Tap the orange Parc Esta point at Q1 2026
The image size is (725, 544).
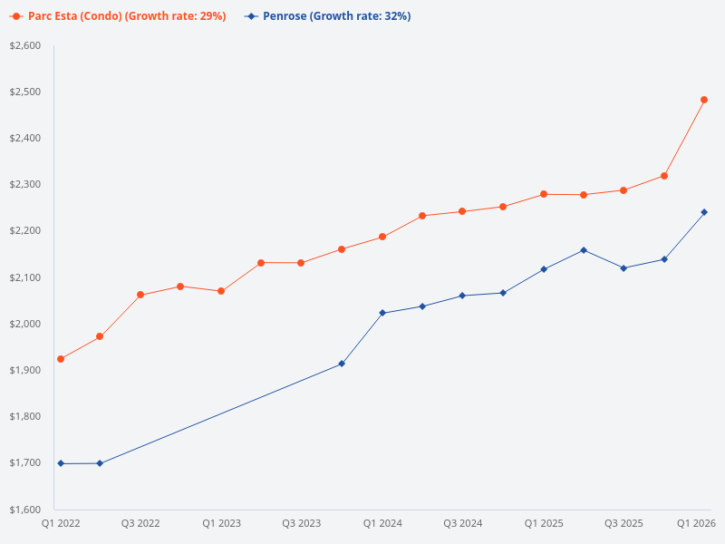[704, 100]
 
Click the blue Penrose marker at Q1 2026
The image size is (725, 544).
[704, 212]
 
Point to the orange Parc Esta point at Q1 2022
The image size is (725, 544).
[61, 359]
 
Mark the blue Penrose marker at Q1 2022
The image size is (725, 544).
[61, 463]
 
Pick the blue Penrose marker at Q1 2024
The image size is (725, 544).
[382, 313]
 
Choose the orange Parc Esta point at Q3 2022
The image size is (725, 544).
[140, 295]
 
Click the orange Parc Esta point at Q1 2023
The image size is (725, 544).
[221, 291]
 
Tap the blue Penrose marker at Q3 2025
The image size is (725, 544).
[623, 268]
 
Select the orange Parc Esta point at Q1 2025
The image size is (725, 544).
[544, 194]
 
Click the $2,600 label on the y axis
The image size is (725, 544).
[26, 45]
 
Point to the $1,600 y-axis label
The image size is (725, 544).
[26, 510]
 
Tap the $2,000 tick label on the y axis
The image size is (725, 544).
[26, 324]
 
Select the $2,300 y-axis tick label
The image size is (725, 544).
[26, 184]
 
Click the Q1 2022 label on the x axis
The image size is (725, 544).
[61, 524]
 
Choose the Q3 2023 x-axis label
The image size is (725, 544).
[302, 524]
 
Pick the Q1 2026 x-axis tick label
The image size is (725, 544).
[697, 524]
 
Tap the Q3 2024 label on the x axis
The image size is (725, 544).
[463, 524]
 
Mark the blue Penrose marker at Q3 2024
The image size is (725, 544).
[463, 296]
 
